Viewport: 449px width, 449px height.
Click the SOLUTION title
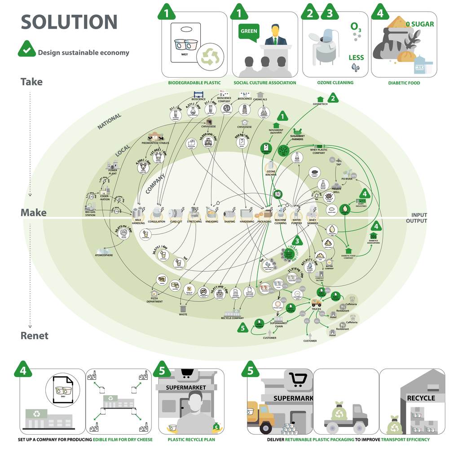point(69,22)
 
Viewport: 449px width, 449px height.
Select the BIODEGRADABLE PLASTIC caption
point(194,83)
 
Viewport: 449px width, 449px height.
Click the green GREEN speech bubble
point(249,31)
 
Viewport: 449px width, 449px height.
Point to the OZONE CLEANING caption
point(335,83)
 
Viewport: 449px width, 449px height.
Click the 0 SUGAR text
point(420,23)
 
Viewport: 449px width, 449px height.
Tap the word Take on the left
point(31,82)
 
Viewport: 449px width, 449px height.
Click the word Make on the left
point(33,212)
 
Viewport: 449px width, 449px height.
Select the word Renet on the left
point(35,336)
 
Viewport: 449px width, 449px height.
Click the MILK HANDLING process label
point(138,223)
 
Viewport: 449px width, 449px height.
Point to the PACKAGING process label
point(264,222)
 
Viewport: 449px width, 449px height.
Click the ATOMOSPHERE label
point(104,255)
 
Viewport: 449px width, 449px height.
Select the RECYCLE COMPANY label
point(232,318)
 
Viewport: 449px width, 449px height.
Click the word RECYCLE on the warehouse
point(420,398)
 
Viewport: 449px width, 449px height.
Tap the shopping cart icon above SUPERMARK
point(297,380)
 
